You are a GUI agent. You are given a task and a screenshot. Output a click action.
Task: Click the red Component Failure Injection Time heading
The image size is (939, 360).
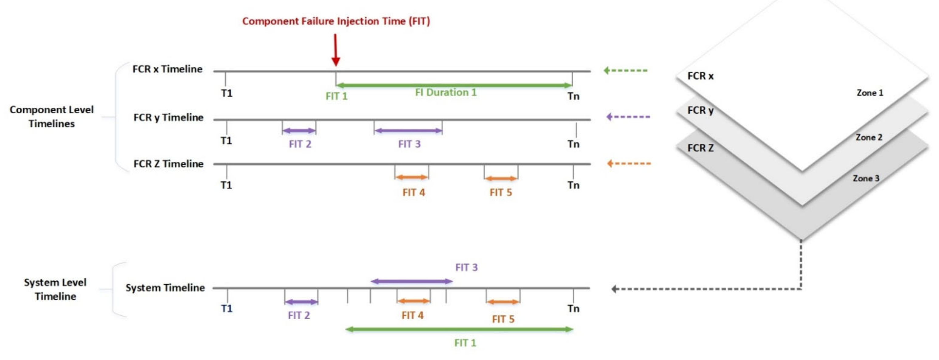click(x=336, y=21)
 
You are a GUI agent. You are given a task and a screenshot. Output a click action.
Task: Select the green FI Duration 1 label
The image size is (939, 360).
click(x=445, y=92)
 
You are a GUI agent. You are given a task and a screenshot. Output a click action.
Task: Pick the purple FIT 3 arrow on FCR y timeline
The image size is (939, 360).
click(x=408, y=130)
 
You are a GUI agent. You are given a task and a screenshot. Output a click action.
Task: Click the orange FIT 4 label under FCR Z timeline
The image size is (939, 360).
click(x=413, y=192)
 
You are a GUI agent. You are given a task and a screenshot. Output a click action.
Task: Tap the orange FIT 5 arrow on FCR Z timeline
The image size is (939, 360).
click(x=501, y=178)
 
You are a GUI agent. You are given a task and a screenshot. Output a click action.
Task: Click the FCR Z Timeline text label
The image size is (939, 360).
click(x=168, y=164)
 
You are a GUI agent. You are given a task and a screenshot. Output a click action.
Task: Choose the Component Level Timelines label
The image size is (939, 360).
click(x=51, y=116)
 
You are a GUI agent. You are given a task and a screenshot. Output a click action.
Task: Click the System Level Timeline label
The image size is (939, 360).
click(x=55, y=289)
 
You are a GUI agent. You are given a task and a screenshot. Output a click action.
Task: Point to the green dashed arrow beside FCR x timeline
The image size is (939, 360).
click(x=625, y=70)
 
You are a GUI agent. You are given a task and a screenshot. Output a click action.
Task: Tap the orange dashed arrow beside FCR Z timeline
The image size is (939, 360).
click(x=629, y=164)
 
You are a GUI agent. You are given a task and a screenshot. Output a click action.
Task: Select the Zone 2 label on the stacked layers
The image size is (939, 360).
click(x=869, y=137)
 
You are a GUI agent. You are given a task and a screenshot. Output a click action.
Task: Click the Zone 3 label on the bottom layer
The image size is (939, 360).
click(x=866, y=178)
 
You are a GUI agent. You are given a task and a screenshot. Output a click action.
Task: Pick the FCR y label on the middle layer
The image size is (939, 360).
click(x=700, y=110)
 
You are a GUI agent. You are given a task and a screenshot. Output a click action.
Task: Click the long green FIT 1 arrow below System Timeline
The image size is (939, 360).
click(x=459, y=329)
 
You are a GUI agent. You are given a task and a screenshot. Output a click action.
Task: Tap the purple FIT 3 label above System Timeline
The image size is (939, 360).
click(x=466, y=268)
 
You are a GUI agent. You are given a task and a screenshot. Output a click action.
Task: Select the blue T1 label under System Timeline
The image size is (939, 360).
click(x=226, y=309)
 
